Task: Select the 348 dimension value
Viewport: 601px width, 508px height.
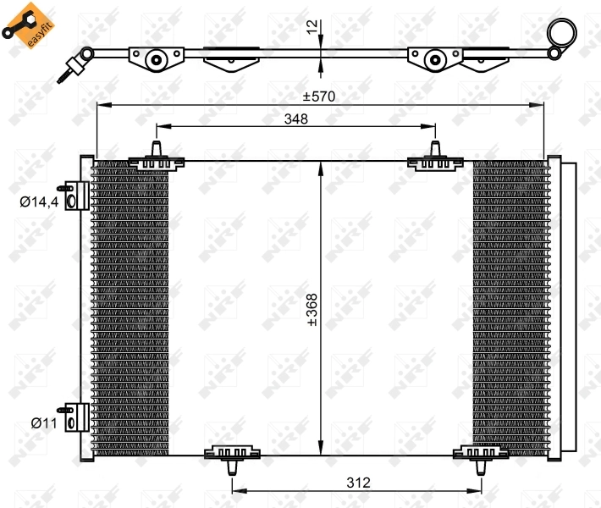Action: [296, 119]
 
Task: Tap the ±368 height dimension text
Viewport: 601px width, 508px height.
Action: [312, 310]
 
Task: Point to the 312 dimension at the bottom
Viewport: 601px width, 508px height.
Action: [359, 483]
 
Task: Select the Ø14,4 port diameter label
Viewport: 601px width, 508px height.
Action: [39, 202]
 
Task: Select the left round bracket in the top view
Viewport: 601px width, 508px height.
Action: [156, 58]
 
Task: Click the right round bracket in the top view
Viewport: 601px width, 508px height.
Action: [434, 58]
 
